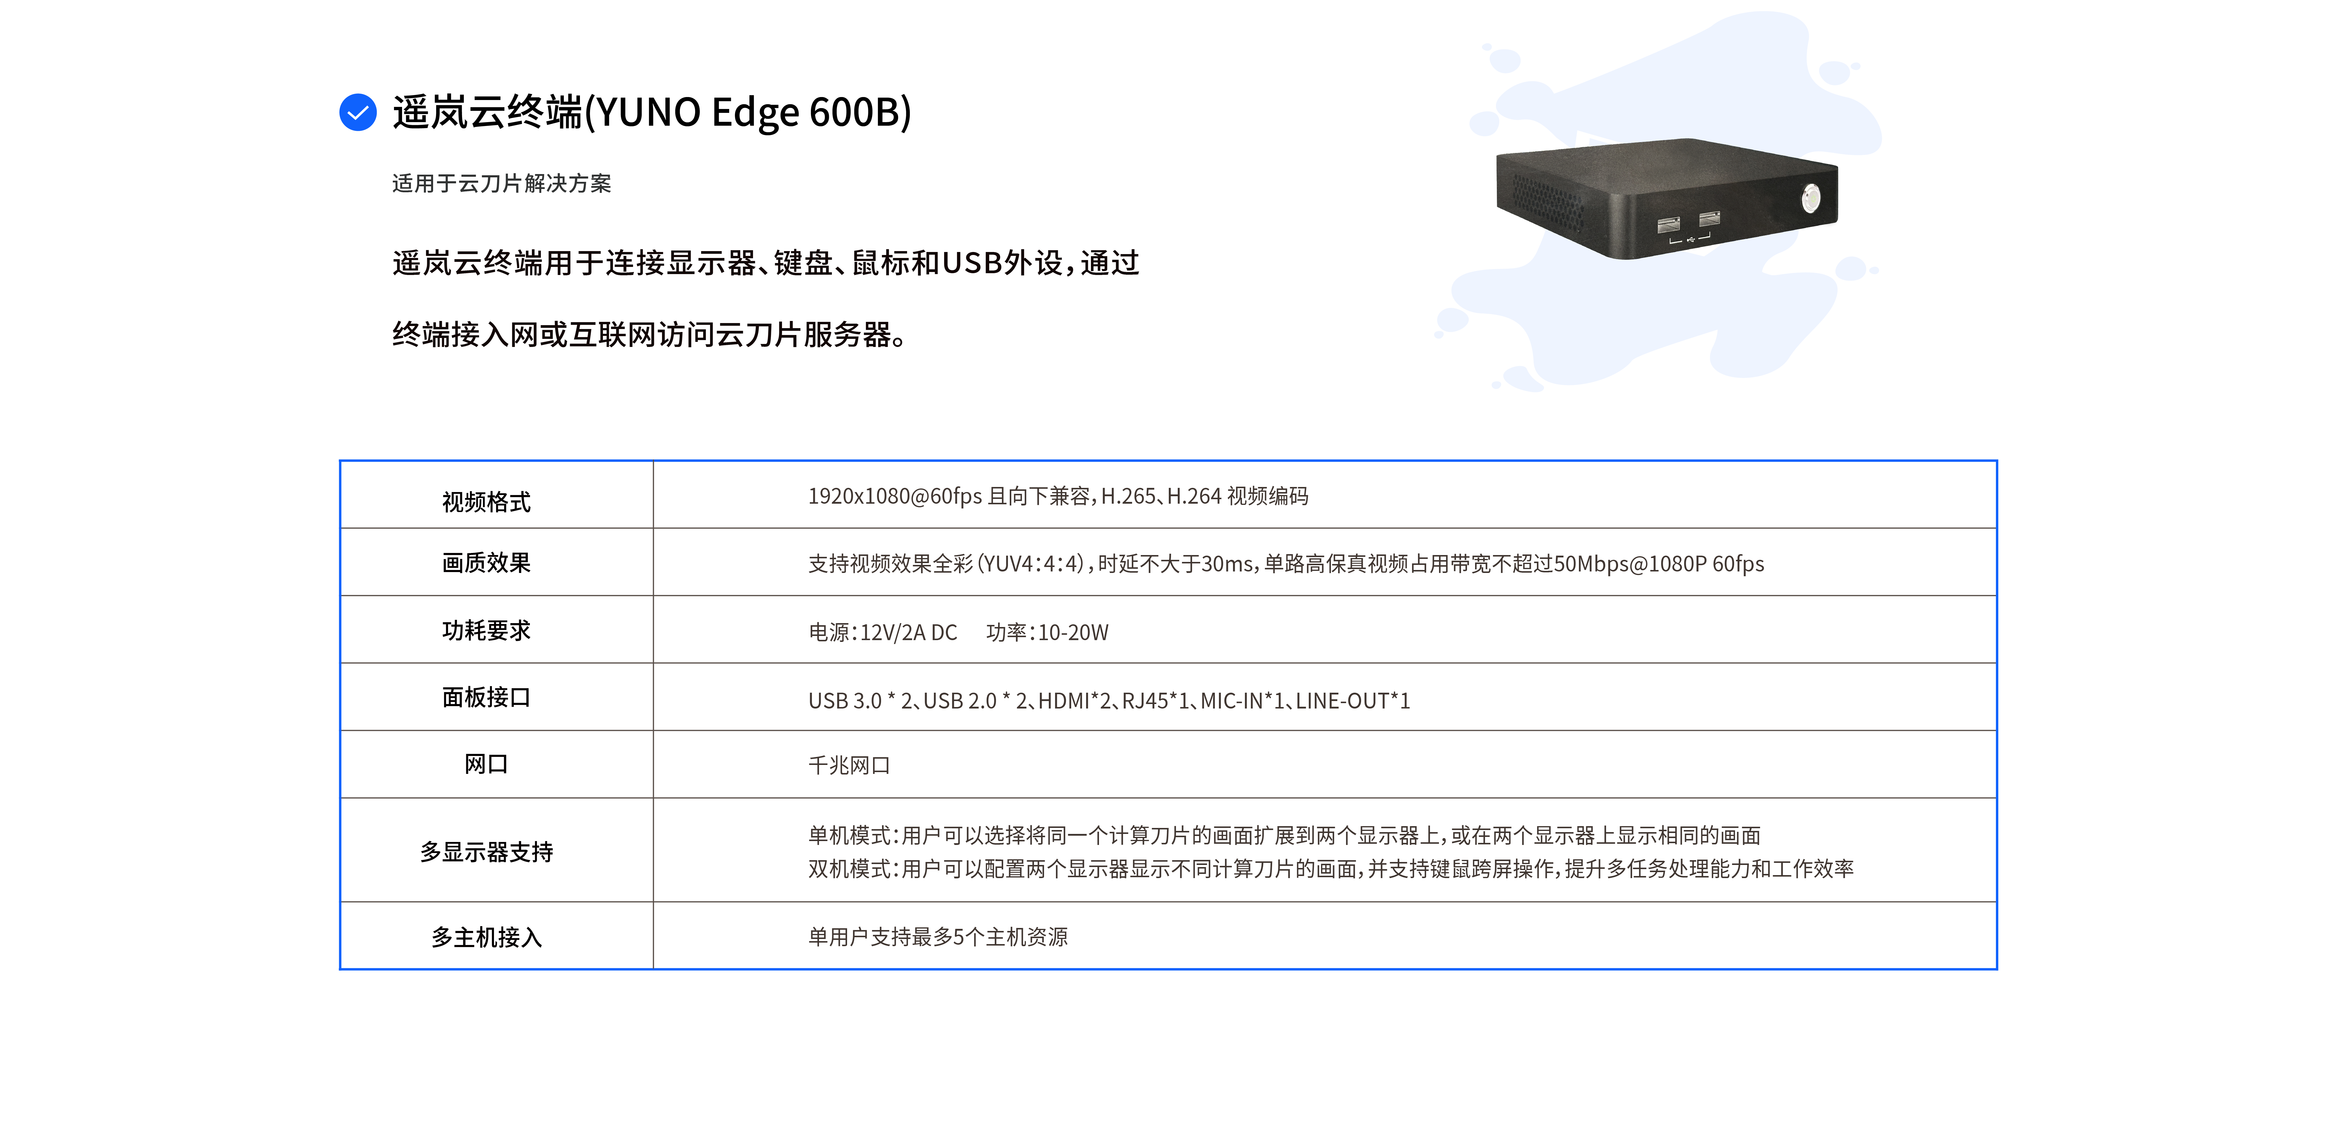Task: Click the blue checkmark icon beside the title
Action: [x=358, y=112]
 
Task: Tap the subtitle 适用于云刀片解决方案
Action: [x=501, y=183]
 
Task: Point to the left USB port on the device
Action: [x=1668, y=225]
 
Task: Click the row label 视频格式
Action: [x=486, y=502]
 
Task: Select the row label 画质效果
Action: [x=486, y=562]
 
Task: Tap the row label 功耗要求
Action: [x=486, y=630]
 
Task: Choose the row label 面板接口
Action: [x=486, y=697]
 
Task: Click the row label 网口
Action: [x=486, y=764]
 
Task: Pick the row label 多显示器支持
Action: [x=486, y=852]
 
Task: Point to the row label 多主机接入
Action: [x=486, y=937]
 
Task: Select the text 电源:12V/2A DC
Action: [x=883, y=632]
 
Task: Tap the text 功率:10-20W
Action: [x=1047, y=632]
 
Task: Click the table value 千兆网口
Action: [x=849, y=765]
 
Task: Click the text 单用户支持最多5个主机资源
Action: [x=938, y=937]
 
